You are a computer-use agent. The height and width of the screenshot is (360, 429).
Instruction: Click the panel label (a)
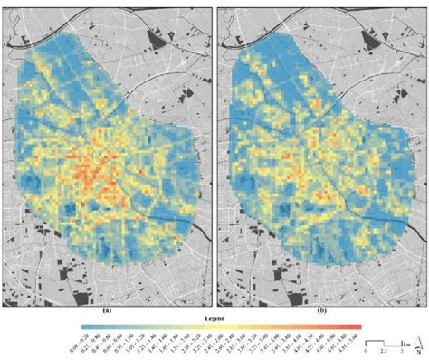click(108, 309)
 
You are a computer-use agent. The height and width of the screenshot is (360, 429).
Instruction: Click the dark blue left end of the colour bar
click(83, 327)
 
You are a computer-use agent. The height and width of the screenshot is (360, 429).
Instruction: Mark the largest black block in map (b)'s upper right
click(371, 39)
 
